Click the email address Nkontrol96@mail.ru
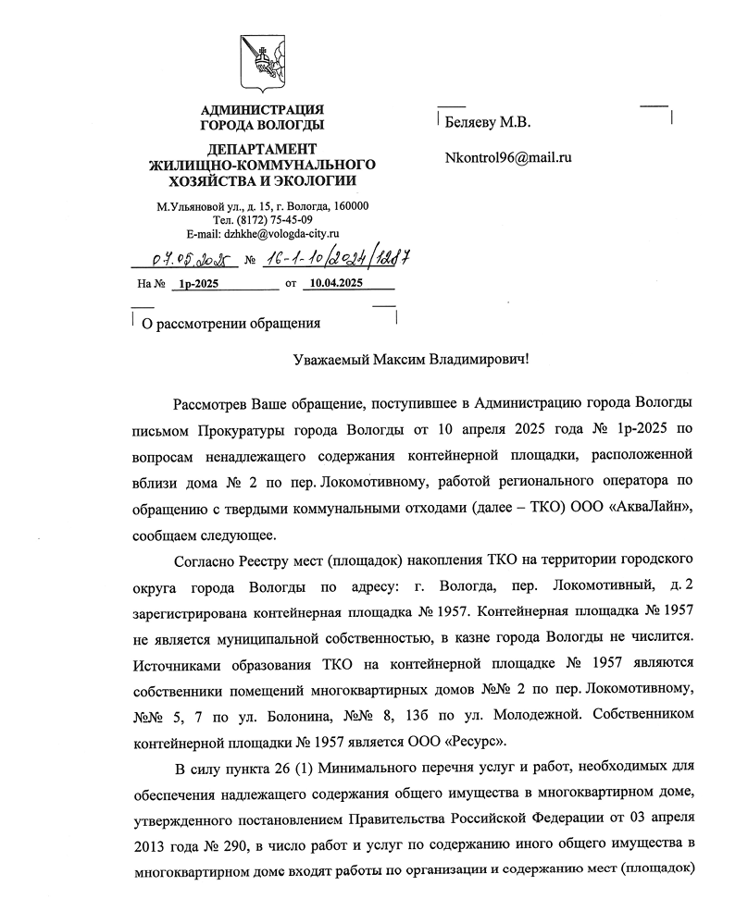[x=507, y=156]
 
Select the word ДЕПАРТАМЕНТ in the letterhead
[x=262, y=150]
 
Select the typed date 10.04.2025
[x=336, y=284]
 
